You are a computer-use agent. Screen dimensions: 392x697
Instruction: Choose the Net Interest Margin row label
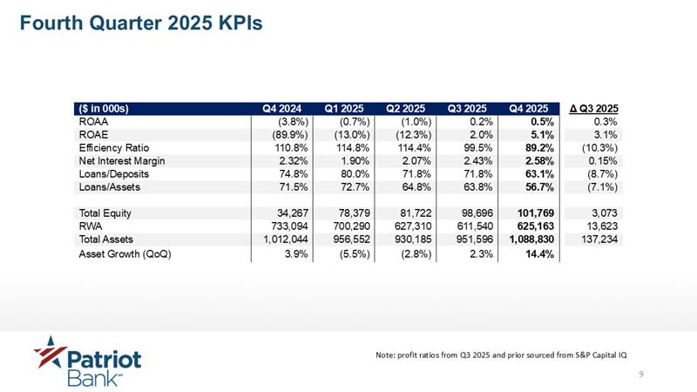pyautogui.click(x=122, y=161)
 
